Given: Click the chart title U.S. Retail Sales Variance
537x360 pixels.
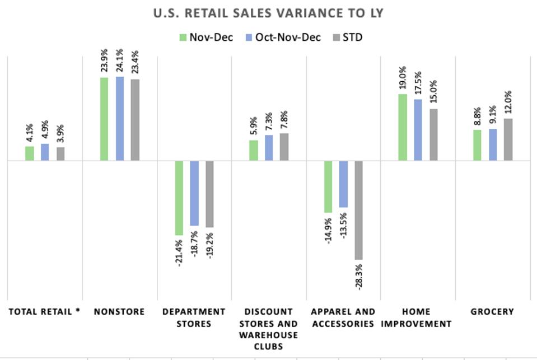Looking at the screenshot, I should click(x=268, y=13).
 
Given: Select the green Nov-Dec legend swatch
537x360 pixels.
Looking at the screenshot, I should click(x=183, y=38).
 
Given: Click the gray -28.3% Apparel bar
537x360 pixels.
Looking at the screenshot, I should click(x=358, y=210).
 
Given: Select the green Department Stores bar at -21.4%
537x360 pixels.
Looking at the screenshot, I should click(x=179, y=198).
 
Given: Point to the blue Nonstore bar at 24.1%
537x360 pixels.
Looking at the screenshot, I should click(x=120, y=119).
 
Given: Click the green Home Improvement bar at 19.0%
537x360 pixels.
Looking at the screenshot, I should click(x=403, y=127).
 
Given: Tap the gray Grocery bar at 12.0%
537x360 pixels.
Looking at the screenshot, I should click(x=508, y=139).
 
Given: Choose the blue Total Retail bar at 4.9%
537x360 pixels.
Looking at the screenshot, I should click(x=45, y=152).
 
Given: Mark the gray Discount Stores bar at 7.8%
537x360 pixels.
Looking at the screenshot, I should click(x=284, y=147).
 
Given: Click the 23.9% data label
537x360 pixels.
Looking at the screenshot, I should click(x=104, y=62).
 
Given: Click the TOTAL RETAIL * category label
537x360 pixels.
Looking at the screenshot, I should click(x=44, y=312).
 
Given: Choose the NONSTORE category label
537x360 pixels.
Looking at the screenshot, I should click(x=119, y=312).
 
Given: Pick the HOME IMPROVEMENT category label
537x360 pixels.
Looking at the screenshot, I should click(x=418, y=317).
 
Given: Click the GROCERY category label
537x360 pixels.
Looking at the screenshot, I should click(x=492, y=312).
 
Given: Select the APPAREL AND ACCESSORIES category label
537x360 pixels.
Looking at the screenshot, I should click(x=343, y=317).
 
